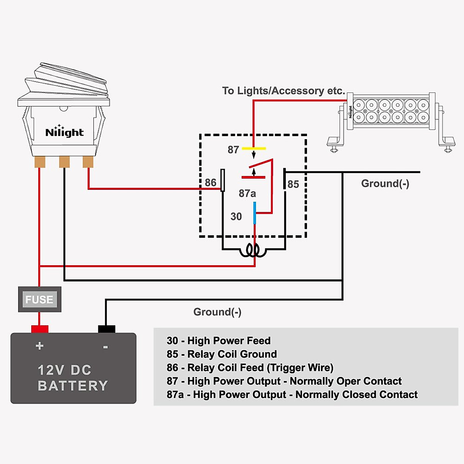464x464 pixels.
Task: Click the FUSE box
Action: coord(39,299)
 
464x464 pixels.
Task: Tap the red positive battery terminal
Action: coord(39,329)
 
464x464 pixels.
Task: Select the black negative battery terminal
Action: coord(106,329)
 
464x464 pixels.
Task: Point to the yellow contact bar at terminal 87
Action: coord(254,148)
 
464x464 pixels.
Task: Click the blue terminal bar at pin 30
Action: coord(254,213)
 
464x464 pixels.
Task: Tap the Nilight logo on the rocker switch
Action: coord(64,132)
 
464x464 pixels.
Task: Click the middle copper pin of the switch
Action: coord(64,162)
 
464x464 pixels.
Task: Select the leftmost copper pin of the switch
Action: coord(40,162)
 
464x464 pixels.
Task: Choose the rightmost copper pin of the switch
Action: coord(88,162)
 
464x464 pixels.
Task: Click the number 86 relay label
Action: coord(211,183)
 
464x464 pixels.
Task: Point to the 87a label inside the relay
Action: coord(247,193)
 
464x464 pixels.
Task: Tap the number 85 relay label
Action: coord(293,184)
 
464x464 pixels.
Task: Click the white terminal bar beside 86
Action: coord(223,180)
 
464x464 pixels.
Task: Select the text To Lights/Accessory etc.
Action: coord(283,91)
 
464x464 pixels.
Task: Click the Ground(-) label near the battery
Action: coord(217,312)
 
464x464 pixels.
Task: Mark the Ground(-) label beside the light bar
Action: coord(385,184)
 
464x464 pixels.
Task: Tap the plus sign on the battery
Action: coord(39,346)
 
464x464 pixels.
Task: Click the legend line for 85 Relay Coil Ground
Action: coord(222,354)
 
